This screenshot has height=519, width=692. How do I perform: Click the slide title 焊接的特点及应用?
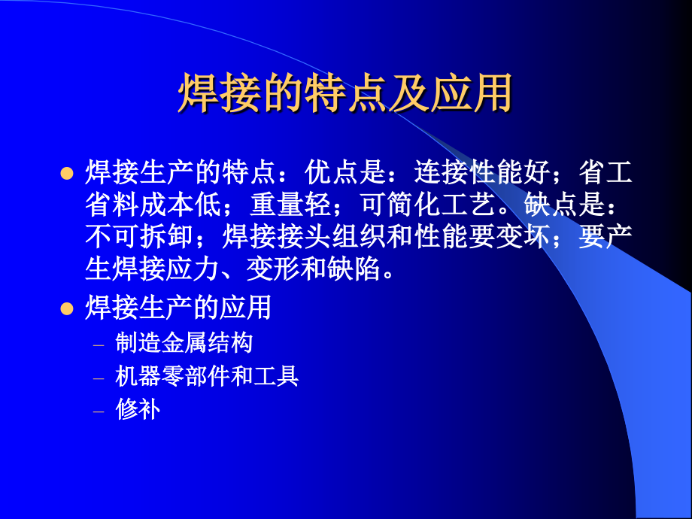coord(345,93)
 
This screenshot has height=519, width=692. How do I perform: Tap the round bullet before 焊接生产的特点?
coord(66,174)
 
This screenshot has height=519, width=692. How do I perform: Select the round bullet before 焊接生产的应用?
coord(66,308)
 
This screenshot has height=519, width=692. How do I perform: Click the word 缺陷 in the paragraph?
coord(355,269)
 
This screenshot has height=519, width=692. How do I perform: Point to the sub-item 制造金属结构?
coord(184,343)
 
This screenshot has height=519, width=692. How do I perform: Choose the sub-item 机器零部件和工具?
coord(207,375)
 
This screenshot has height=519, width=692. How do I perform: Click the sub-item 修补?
coord(138,408)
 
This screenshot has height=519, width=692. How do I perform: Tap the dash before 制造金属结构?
coord(99,344)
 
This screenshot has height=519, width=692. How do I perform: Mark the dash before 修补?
coord(99,410)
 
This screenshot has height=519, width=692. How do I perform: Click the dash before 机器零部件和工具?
coord(99,377)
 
